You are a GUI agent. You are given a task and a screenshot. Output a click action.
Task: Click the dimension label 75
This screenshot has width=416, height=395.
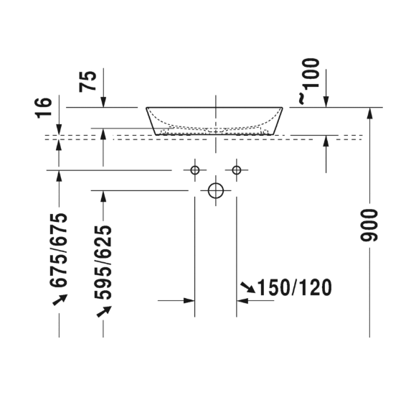point(88,80)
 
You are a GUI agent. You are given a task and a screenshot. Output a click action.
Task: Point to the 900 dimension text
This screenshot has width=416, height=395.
point(369,225)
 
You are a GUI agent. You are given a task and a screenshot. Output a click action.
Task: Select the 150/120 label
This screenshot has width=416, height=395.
point(295,288)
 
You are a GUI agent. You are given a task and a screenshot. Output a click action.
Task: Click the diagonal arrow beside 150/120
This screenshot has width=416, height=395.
point(247,288)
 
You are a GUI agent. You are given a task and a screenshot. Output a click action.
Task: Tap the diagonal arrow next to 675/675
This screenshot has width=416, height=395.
point(60,299)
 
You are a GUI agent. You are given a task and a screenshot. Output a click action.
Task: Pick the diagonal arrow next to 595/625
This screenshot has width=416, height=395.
point(104,310)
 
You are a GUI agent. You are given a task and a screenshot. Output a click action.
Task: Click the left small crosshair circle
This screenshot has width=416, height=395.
point(194,169)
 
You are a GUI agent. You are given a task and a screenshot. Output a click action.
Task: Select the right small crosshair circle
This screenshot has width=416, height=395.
point(237,169)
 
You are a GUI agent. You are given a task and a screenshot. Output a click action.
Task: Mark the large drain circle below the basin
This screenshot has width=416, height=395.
point(216,190)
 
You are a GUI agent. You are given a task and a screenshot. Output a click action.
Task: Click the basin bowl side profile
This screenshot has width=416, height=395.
point(215,121)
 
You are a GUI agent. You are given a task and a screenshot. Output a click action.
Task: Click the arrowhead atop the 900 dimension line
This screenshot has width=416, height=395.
point(369,112)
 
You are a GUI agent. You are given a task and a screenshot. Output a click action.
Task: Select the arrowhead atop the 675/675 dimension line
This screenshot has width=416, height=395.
point(60,175)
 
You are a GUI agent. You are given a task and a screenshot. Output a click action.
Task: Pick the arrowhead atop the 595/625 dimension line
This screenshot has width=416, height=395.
point(103,195)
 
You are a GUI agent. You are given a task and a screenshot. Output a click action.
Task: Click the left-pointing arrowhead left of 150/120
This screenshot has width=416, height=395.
point(242,301)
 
